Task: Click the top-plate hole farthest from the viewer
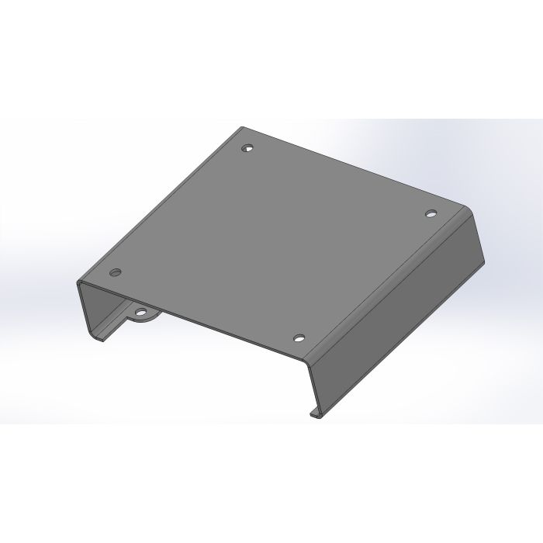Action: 247,147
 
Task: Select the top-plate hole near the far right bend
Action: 431,212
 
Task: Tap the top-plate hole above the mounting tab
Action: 116,272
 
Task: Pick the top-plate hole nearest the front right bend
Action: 299,338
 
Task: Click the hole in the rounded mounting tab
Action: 142,314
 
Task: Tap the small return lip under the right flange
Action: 316,414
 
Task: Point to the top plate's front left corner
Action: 78,282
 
